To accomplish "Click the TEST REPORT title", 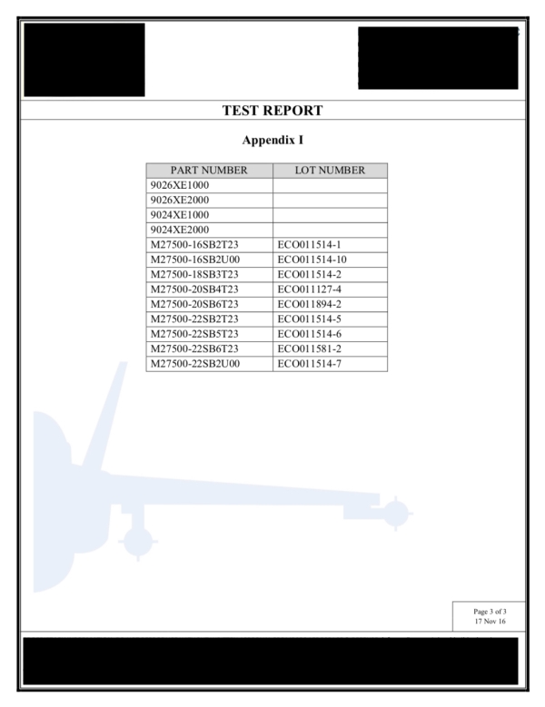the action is (272, 111).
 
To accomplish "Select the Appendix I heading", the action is (272, 141).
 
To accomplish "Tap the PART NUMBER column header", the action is (209, 171).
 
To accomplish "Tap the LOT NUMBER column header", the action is (330, 171).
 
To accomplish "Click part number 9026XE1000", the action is (180, 185).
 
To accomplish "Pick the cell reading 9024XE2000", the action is (180, 230).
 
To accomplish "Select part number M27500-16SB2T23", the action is (194, 245).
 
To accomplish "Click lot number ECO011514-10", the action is (312, 260).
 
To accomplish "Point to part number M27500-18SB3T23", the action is (194, 275).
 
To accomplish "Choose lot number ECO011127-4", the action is (310, 290).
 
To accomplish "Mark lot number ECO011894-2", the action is (310, 304).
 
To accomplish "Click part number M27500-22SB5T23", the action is (194, 334).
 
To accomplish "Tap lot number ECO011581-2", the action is (310, 349).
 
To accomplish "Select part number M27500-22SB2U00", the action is (195, 364).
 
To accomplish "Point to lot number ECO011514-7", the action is (310, 364).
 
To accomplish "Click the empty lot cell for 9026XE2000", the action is (331, 201).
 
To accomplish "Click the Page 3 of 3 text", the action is (490, 612).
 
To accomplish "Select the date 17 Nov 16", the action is (490, 622).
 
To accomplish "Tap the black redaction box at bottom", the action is (271, 661).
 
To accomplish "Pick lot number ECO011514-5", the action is (310, 319).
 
